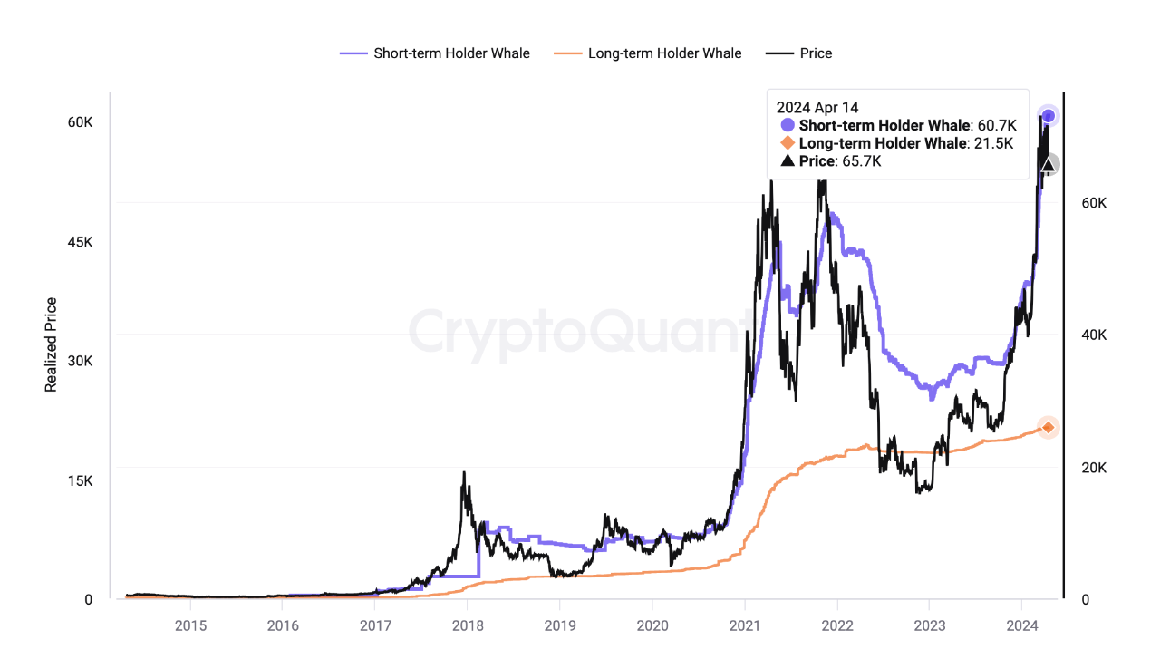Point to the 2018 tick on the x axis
[468, 625]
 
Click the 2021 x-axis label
[744, 625]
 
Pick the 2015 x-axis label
[190, 625]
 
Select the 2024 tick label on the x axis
[1021, 625]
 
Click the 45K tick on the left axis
[81, 242]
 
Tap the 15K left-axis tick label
[81, 480]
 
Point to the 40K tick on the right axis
[1093, 335]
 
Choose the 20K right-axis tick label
[1093, 468]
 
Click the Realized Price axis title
[52, 344]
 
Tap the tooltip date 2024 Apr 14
[817, 107]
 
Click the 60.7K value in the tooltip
[998, 125]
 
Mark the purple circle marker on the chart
[1049, 116]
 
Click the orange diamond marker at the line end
[1049, 427]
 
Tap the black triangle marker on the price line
[1049, 165]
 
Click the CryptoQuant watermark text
[580, 332]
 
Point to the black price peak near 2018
[464, 473]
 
